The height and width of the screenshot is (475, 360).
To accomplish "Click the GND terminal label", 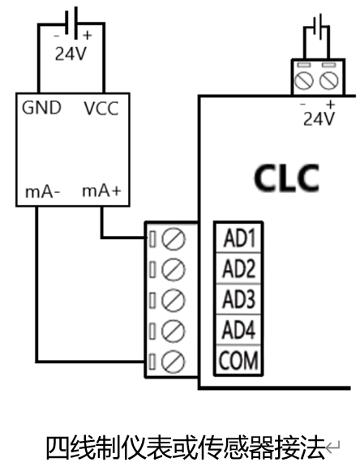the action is click(42, 108).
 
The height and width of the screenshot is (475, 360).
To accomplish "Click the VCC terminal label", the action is click(101, 109).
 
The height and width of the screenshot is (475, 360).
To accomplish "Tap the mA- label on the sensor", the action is click(43, 191).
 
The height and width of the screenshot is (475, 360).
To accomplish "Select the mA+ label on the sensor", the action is click(101, 190).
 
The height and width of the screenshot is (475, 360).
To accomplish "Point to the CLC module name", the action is click(286, 178).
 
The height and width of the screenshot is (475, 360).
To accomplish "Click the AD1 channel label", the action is click(239, 238).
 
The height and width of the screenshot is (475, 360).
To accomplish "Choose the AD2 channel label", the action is click(239, 268).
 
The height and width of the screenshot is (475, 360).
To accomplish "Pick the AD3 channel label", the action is click(239, 299).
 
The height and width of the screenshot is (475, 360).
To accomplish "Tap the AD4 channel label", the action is click(239, 330).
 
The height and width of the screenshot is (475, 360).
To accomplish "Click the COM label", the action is click(239, 361).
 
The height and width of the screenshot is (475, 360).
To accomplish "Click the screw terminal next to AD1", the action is click(173, 239).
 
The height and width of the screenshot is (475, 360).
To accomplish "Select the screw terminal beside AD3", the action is click(173, 300).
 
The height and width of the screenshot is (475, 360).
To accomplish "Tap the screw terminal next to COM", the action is click(173, 362).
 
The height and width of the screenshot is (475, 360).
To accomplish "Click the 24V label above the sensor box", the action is click(71, 54).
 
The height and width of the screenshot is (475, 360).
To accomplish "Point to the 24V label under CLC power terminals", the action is click(319, 118).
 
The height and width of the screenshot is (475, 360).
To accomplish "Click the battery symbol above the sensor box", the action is click(71, 23).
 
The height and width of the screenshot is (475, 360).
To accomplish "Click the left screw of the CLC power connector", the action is click(304, 81).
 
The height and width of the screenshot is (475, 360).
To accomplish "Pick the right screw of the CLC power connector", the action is click(329, 81).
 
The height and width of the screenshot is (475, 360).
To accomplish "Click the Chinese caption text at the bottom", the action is click(186, 447).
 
